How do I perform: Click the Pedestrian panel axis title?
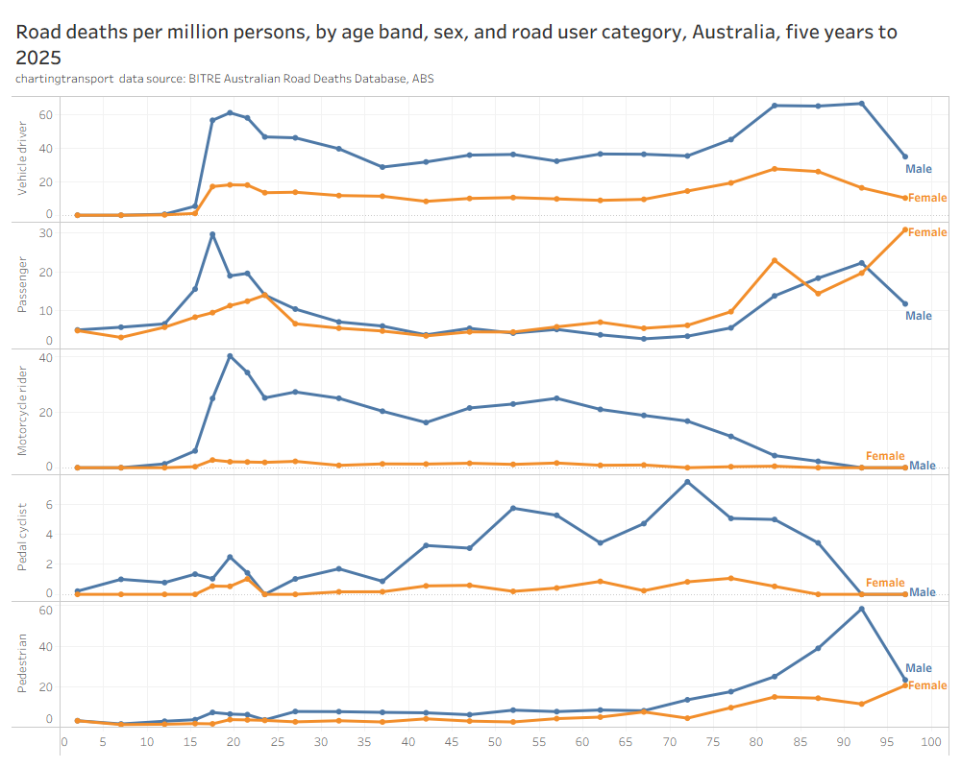pos(23,664)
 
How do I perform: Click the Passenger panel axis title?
pos(23,285)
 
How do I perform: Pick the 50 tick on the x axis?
pos(494,742)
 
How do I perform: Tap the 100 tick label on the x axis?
pos(929,742)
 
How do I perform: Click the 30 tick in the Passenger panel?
pos(45,233)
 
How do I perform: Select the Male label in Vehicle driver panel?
pos(919,169)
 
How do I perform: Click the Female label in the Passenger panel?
pos(927,232)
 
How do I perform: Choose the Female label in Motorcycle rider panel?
pos(885,456)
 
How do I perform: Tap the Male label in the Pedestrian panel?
pos(919,668)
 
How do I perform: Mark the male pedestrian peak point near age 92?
pos(861,609)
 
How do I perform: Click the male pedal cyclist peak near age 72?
pos(687,481)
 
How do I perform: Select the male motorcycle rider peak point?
pos(230,356)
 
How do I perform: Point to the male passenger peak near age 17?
pos(212,234)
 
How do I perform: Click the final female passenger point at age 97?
pos(904,229)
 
